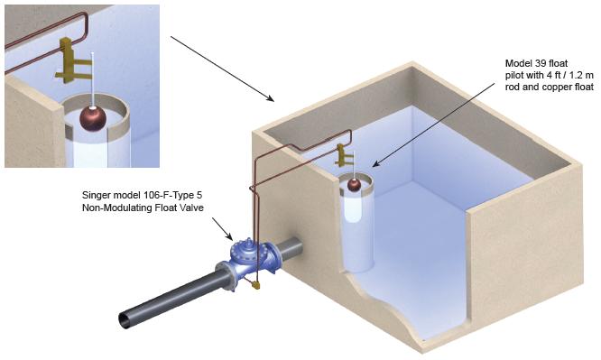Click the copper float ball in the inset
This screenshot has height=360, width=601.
[x=92, y=118]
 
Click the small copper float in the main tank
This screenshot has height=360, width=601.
[x=354, y=185]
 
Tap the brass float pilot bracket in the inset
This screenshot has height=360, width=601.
[x=71, y=61]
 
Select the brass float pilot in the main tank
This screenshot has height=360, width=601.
[x=343, y=155]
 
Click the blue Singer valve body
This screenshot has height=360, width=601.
[x=251, y=259]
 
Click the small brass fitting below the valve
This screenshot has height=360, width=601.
[x=255, y=285]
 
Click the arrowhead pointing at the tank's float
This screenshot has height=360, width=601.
[x=376, y=164]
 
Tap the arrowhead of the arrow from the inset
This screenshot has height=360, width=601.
[x=271, y=99]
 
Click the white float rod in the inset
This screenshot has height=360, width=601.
[x=92, y=79]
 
